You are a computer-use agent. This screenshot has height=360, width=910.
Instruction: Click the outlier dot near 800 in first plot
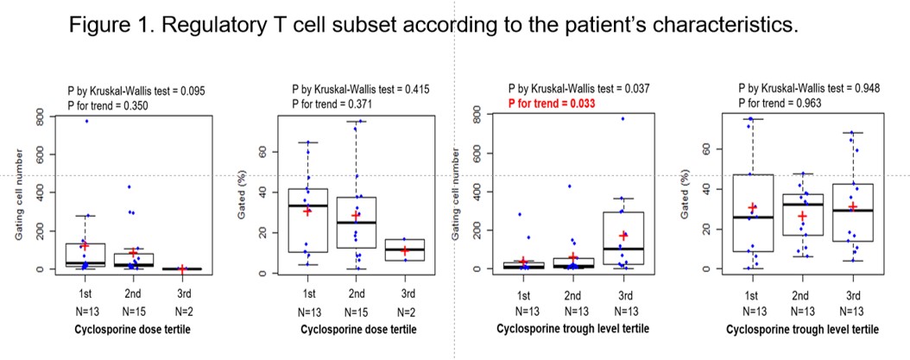[x=86, y=121]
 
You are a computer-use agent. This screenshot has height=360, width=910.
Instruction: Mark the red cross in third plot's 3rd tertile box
[x=622, y=235]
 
